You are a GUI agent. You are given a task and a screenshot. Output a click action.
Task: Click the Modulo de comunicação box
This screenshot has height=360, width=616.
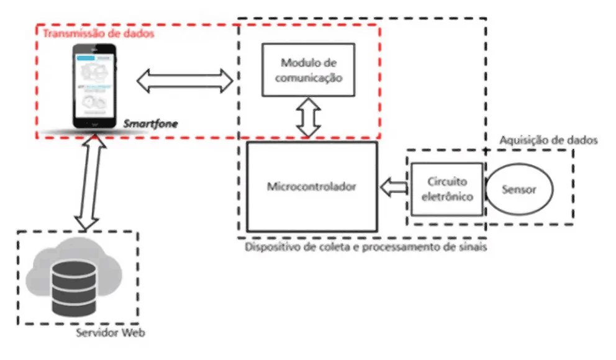(x=308, y=70)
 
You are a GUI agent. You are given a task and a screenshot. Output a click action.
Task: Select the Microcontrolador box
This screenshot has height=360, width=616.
(x=312, y=186)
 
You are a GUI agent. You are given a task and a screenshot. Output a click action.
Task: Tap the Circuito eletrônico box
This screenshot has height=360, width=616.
(x=446, y=189)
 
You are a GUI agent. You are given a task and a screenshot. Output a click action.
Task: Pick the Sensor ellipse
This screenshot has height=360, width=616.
(x=520, y=189)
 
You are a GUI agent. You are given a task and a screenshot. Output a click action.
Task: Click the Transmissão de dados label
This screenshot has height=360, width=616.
(x=98, y=34)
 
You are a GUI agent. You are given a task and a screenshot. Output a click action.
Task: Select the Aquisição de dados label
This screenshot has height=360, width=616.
(x=548, y=140)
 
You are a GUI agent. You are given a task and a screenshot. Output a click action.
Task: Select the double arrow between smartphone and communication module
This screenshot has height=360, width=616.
(x=184, y=79)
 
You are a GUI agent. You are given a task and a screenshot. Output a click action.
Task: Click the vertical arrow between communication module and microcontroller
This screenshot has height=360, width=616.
(x=309, y=119)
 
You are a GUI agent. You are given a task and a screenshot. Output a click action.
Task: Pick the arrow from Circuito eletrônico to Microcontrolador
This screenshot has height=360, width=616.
(x=392, y=186)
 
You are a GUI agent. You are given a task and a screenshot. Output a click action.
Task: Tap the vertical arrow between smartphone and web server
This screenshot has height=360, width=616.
(x=88, y=182)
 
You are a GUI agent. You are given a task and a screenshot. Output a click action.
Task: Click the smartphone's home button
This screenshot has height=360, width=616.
(x=95, y=124)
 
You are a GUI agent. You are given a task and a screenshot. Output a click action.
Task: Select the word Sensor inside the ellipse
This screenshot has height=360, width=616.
(x=520, y=189)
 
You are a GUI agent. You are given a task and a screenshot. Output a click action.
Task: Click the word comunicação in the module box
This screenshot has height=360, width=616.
(x=308, y=78)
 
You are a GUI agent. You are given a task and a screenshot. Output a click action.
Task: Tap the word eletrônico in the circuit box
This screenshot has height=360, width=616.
(x=446, y=197)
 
